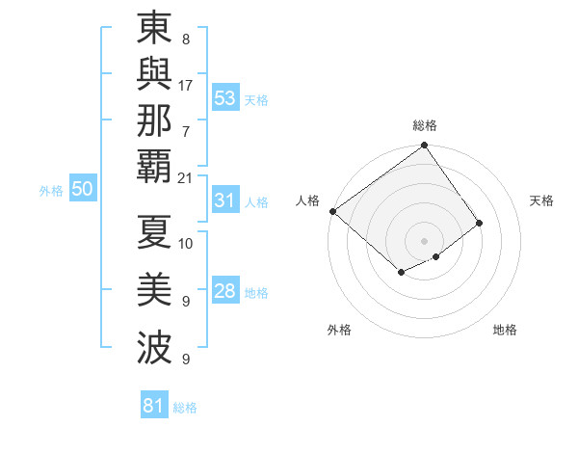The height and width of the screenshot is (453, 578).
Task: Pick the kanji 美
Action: click(155, 290)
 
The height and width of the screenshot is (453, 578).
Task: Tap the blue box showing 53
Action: click(225, 97)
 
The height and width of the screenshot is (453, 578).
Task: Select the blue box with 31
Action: click(225, 201)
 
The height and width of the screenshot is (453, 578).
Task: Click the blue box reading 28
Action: click(225, 292)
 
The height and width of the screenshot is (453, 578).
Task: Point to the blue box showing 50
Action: click(82, 190)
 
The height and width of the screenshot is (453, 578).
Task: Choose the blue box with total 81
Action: click(153, 406)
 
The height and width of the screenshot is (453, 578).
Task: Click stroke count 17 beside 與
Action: click(186, 85)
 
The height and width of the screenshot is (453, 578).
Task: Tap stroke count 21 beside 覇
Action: click(186, 177)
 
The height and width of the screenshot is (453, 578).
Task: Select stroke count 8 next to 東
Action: click(186, 40)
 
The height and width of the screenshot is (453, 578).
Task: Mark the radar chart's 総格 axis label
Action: click(425, 125)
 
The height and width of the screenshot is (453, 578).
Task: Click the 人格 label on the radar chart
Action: click(308, 200)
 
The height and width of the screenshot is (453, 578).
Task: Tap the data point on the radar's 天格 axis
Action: click(480, 223)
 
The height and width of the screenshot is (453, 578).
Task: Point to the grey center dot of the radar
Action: click(424, 239)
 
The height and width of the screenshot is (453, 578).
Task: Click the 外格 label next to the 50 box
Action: click(51, 191)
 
